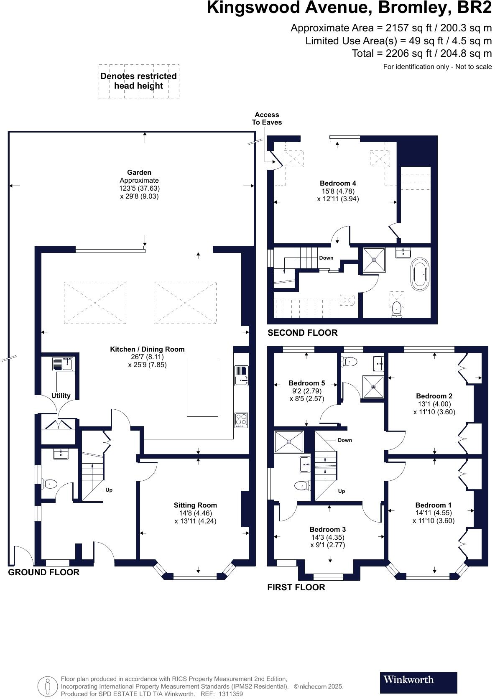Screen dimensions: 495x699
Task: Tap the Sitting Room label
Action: (195, 505)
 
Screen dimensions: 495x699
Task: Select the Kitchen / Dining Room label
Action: (147, 349)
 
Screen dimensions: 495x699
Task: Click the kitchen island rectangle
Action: (202, 387)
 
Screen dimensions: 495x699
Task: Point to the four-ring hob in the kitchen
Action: (241, 420)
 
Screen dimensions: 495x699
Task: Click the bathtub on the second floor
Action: (420, 274)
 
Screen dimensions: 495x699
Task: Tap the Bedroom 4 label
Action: (338, 183)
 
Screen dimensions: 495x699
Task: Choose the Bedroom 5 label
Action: (306, 383)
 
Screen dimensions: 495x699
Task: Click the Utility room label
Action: (61, 395)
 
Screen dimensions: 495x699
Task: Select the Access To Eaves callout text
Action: (267, 119)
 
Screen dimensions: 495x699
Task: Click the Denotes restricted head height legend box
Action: (139, 82)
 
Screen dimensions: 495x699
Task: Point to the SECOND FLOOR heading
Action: (302, 333)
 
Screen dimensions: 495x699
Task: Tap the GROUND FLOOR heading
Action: (44, 572)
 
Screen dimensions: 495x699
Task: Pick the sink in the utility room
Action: (63, 364)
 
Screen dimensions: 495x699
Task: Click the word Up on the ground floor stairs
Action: (109, 490)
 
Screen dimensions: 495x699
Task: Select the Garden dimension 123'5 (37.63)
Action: (139, 189)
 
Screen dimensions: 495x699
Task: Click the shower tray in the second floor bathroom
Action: (374, 260)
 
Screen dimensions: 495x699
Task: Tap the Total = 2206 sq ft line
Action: (422, 54)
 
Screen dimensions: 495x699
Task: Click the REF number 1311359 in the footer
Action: (231, 694)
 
